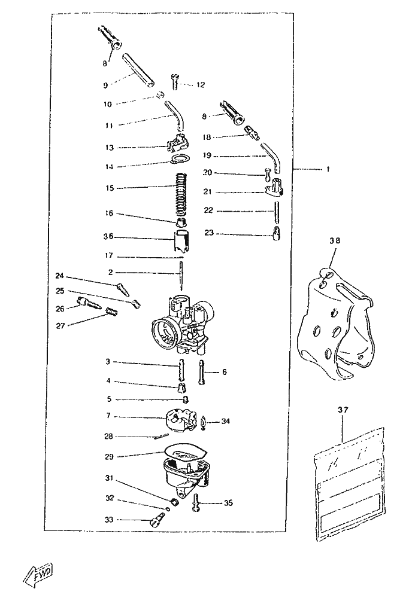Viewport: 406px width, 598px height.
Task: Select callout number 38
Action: coord(334,241)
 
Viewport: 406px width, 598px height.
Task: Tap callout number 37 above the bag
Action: coord(343,410)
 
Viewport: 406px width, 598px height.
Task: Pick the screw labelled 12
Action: coord(175,81)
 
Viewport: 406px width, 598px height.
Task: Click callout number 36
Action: coord(109,237)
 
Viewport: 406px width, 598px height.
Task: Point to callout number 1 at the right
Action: coord(328,169)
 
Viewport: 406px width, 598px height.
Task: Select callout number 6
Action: coord(225,372)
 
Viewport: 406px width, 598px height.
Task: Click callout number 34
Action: coord(225,421)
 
